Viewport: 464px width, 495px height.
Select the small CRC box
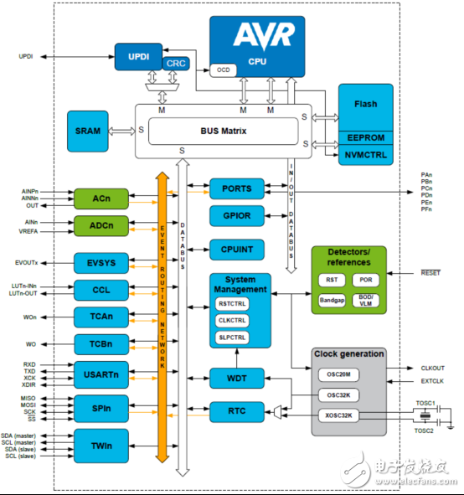(177, 63)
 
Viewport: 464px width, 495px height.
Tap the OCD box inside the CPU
(223, 70)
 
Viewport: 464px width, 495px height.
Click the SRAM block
(87, 130)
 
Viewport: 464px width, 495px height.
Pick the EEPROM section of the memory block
(365, 137)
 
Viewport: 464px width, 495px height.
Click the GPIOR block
(236, 216)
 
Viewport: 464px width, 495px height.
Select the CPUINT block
(236, 248)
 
